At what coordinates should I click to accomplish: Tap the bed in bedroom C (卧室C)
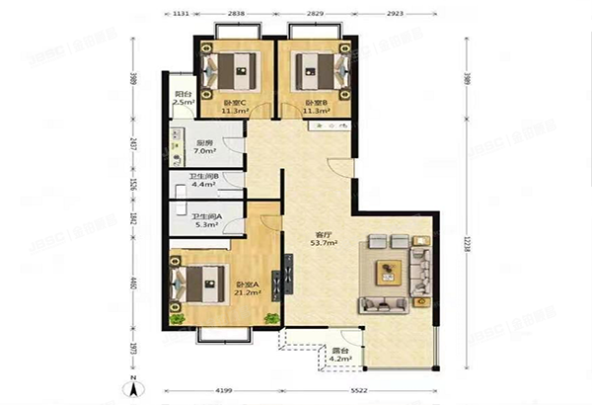231,71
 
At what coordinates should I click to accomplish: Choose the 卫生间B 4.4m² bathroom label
204,182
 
